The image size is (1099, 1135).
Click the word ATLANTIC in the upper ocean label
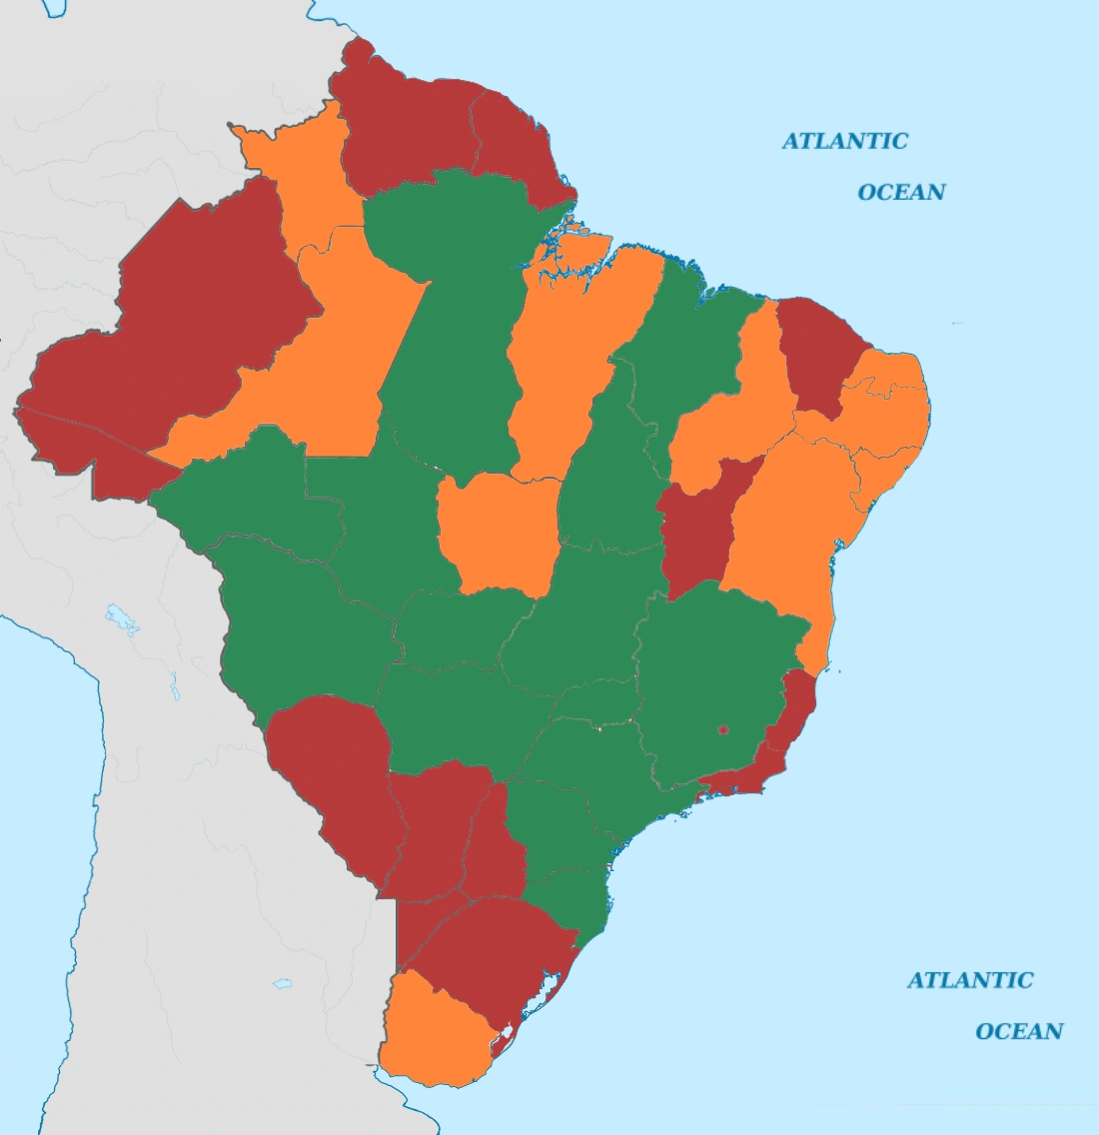tap(844, 141)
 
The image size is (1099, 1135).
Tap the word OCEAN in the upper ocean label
tap(901, 192)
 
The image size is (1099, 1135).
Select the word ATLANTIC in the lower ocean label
tap(969, 980)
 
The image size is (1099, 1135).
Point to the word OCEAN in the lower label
tap(1019, 1031)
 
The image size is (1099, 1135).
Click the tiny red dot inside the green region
tap(723, 731)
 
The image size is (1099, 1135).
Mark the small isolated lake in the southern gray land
tap(283, 984)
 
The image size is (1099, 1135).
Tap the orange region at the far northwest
tap(300, 180)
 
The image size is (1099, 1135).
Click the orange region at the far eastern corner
tap(894, 400)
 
